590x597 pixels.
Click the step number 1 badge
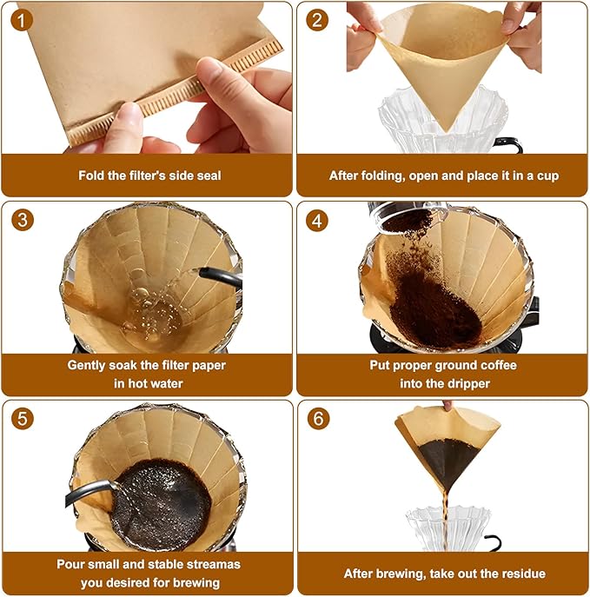[x=23, y=20]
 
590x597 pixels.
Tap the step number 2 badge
[x=318, y=20]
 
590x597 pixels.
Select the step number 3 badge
[x=23, y=221]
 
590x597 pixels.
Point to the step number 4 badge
[x=318, y=221]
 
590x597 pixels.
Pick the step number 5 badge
[x=23, y=419]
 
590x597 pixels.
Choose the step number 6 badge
[x=318, y=419]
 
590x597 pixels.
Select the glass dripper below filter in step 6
[x=446, y=527]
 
